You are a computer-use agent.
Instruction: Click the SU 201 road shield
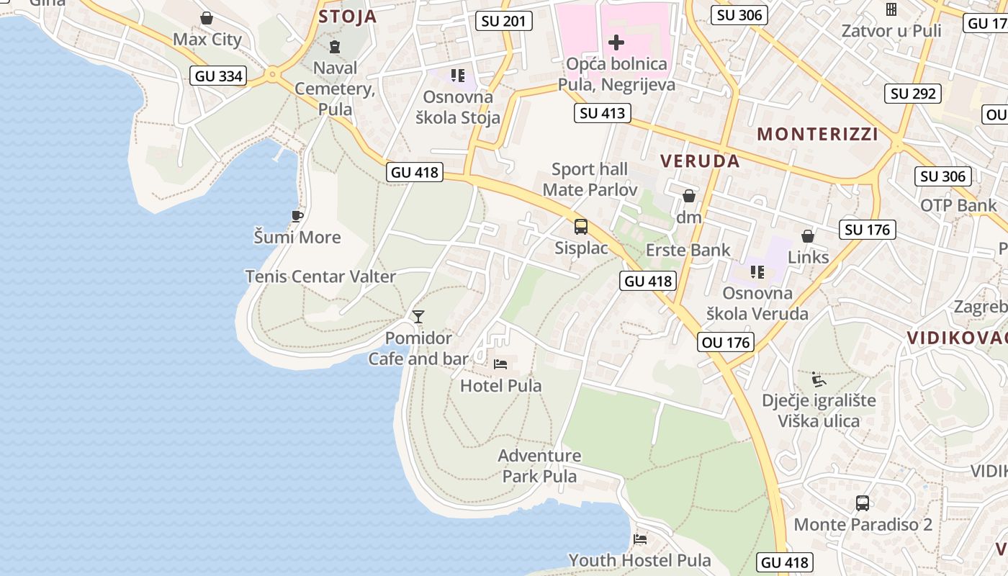504,21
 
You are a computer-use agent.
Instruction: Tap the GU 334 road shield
219,76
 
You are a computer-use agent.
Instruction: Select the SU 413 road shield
603,112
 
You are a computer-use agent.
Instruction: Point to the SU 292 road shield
913,93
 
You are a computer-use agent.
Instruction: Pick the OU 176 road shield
725,342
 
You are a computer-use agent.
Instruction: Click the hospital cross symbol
616,42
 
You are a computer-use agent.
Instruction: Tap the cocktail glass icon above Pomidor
418,316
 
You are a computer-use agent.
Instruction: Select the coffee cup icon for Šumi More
297,216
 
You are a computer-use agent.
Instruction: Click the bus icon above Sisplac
581,227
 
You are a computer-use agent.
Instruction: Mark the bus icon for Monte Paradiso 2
863,503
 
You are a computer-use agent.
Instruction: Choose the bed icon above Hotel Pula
500,364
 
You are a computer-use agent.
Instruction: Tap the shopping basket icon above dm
689,195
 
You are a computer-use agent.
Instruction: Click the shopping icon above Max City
207,18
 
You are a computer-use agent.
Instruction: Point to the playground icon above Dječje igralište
818,379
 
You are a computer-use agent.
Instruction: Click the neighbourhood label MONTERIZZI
818,134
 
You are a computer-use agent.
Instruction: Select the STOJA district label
348,17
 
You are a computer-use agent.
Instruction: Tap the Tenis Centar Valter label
320,276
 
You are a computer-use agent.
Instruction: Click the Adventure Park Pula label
539,466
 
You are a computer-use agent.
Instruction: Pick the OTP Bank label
958,205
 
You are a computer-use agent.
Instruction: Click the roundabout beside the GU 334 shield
272,74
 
